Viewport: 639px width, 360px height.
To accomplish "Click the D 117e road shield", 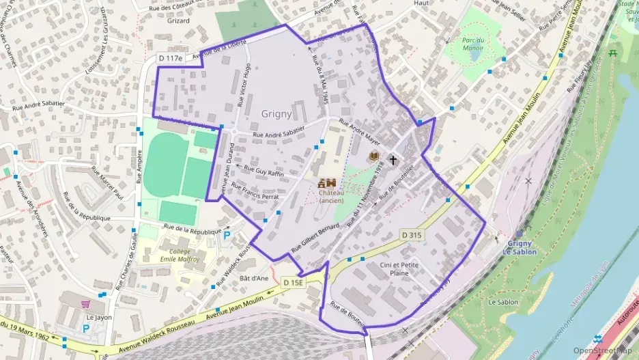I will (170, 59).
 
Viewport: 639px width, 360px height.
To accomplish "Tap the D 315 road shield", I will (413, 235).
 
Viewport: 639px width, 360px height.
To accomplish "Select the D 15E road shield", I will (293, 281).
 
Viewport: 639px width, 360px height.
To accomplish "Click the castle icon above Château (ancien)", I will (326, 182).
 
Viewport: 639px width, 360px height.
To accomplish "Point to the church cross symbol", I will (393, 160).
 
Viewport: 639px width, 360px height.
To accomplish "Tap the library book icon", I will (373, 158).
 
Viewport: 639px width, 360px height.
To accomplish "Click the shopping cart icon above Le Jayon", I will (86, 304).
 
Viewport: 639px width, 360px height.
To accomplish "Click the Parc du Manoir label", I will (472, 44).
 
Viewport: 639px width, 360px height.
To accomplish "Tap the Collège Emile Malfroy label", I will (180, 255).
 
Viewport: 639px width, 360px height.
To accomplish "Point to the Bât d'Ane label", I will (255, 278).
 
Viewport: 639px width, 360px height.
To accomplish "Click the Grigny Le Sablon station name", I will (522, 247).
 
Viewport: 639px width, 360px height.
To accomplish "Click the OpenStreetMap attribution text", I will (602, 350).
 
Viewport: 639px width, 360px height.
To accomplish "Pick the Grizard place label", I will (177, 21).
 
